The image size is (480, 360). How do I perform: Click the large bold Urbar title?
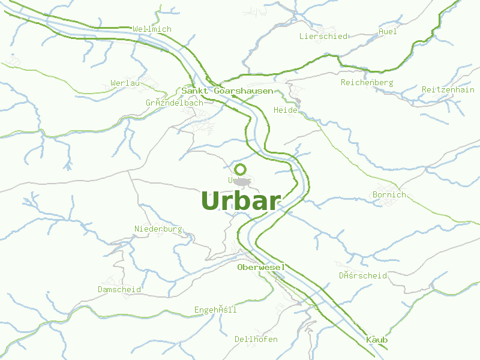coord(241,201)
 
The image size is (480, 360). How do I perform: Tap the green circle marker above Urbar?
coord(241,169)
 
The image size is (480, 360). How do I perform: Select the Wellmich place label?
coord(152,29)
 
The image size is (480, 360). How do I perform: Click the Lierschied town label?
coord(323,36)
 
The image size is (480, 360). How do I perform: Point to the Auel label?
coord(388,31)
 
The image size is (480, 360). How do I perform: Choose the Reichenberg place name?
coord(367,82)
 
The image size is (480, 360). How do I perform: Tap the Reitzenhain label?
coord(448,89)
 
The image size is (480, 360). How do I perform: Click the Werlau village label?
coord(125,83)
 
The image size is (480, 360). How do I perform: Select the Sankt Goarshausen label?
coord(227,91)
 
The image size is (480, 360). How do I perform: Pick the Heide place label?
coord(285,110)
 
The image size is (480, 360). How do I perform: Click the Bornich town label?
coord(389,194)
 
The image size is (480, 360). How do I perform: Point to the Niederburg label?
coord(158,229)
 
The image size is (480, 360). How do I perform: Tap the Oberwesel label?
coord(260,267)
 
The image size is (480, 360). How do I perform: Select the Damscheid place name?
coord(119,289)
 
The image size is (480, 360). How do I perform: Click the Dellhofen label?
coord(256,339)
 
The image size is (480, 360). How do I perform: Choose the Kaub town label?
coord(377,340)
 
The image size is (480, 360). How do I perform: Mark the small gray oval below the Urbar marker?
coord(242,181)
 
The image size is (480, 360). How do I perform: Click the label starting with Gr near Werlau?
coord(174,103)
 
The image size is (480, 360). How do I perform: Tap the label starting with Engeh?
coord(215,310)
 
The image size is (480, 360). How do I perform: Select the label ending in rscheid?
coord(362,275)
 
